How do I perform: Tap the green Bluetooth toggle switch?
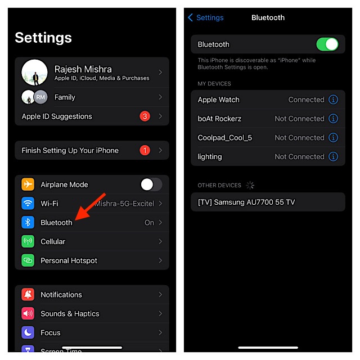tap(327, 44)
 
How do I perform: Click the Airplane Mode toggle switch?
tap(151, 184)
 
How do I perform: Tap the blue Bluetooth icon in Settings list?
tap(28, 222)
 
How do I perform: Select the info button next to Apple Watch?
tap(333, 100)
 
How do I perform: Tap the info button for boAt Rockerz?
tap(333, 119)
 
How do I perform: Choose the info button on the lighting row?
tap(333, 156)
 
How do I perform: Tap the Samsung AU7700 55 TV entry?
tap(268, 202)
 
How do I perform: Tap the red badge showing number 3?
tap(145, 116)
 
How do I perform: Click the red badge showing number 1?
tap(145, 150)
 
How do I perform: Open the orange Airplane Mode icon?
tap(28, 184)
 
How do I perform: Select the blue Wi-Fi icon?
tap(28, 204)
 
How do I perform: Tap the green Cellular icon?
tap(28, 241)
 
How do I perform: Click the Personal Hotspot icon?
tap(28, 260)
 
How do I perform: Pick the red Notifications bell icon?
tap(28, 295)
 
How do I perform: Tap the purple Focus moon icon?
tap(28, 332)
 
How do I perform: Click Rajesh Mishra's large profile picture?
tap(34, 73)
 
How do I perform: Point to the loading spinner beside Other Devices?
tap(250, 185)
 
